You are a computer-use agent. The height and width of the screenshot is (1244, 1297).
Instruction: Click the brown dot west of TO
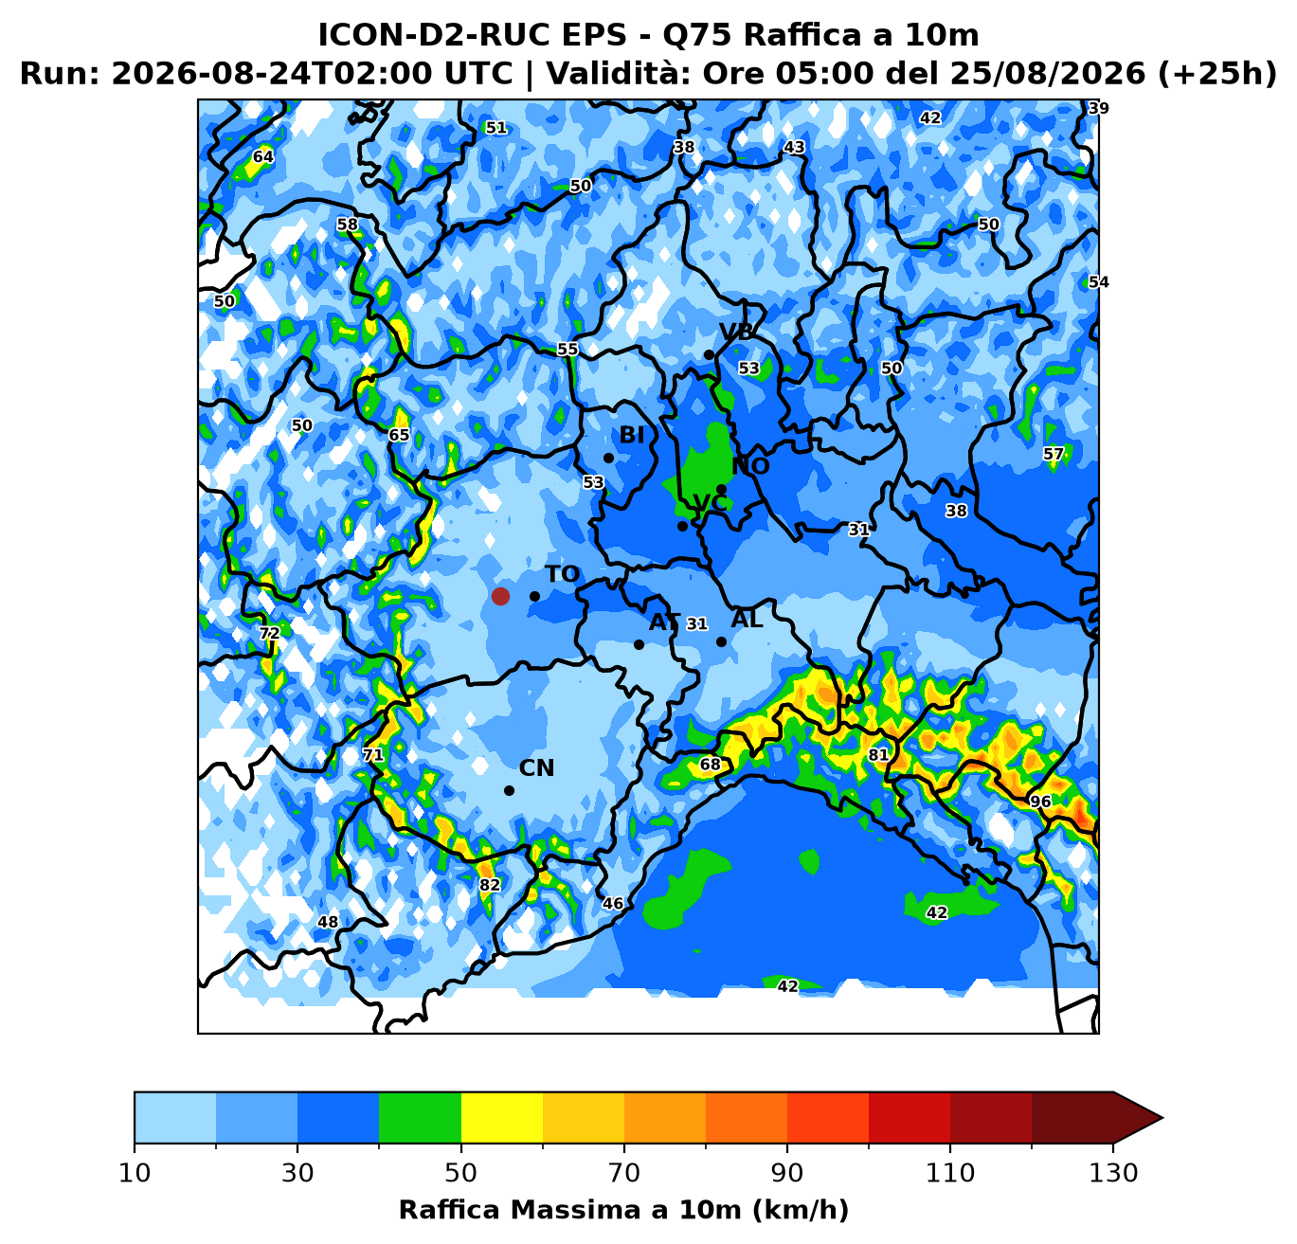[500, 596]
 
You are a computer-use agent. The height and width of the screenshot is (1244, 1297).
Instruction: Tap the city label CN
[536, 768]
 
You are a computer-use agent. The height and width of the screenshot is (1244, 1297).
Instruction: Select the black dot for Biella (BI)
[608, 458]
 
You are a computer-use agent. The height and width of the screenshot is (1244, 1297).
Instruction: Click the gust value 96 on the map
[1040, 802]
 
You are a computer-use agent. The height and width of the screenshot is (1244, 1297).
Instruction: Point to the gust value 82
[490, 885]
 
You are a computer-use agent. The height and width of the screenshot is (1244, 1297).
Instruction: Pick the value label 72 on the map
[269, 633]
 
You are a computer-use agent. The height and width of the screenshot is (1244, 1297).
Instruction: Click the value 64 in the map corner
[263, 156]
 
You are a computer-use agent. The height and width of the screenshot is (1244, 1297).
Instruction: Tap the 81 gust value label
[878, 755]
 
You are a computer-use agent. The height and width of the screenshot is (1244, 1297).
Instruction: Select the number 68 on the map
[710, 764]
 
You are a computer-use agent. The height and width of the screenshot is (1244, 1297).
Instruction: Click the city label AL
[747, 620]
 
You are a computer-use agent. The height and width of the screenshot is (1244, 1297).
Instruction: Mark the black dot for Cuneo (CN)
[509, 791]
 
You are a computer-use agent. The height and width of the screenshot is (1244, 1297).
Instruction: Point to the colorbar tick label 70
[623, 1173]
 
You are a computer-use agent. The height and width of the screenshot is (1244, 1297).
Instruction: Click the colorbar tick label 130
[1113, 1173]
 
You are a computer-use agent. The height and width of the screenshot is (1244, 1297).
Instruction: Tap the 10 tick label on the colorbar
[135, 1173]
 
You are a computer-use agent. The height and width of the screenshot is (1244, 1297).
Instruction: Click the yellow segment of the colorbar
[502, 1118]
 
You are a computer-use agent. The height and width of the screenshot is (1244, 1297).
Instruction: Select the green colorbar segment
[420, 1118]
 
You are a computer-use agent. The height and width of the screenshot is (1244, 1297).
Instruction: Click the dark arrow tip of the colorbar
[1162, 1118]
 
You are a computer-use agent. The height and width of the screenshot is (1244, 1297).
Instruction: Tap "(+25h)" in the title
[1217, 73]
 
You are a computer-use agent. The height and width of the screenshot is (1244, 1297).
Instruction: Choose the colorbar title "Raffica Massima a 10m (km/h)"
[623, 1209]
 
